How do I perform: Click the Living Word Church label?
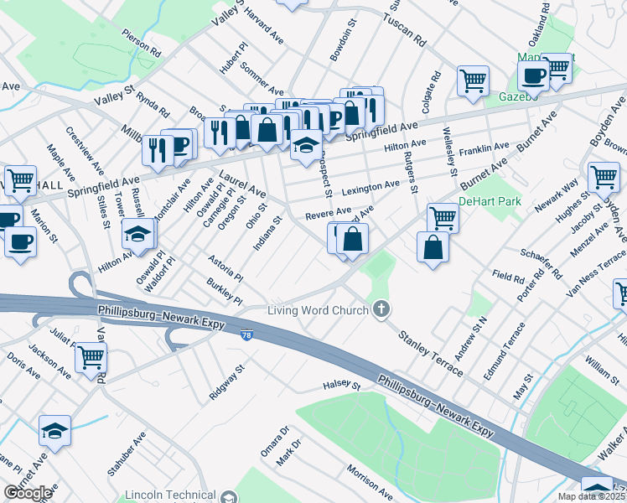coord(318,311)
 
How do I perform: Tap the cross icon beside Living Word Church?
coord(381,311)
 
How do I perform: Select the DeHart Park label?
coord(490,201)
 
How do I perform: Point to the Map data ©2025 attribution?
coord(592,496)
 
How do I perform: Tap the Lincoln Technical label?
coord(169,495)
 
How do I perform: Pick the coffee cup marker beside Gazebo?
coord(532,75)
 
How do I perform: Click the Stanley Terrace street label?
coord(430,354)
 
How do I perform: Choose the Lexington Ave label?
coord(370,185)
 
